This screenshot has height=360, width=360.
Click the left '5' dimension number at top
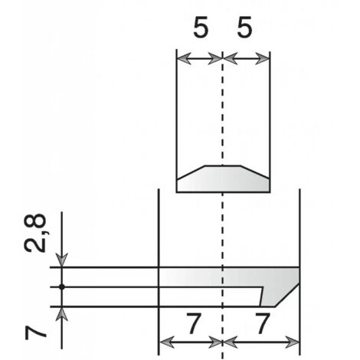[201, 28]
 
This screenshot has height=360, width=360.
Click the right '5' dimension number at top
[244, 28]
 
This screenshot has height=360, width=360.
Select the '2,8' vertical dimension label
[35, 233]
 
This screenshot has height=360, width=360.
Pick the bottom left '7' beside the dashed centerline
[195, 323]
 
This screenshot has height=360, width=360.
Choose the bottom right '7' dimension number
[263, 323]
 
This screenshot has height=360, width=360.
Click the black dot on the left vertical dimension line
[62, 287]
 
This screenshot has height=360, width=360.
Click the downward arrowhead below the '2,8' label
[62, 260]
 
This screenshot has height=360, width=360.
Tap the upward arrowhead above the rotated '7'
[62, 314]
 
